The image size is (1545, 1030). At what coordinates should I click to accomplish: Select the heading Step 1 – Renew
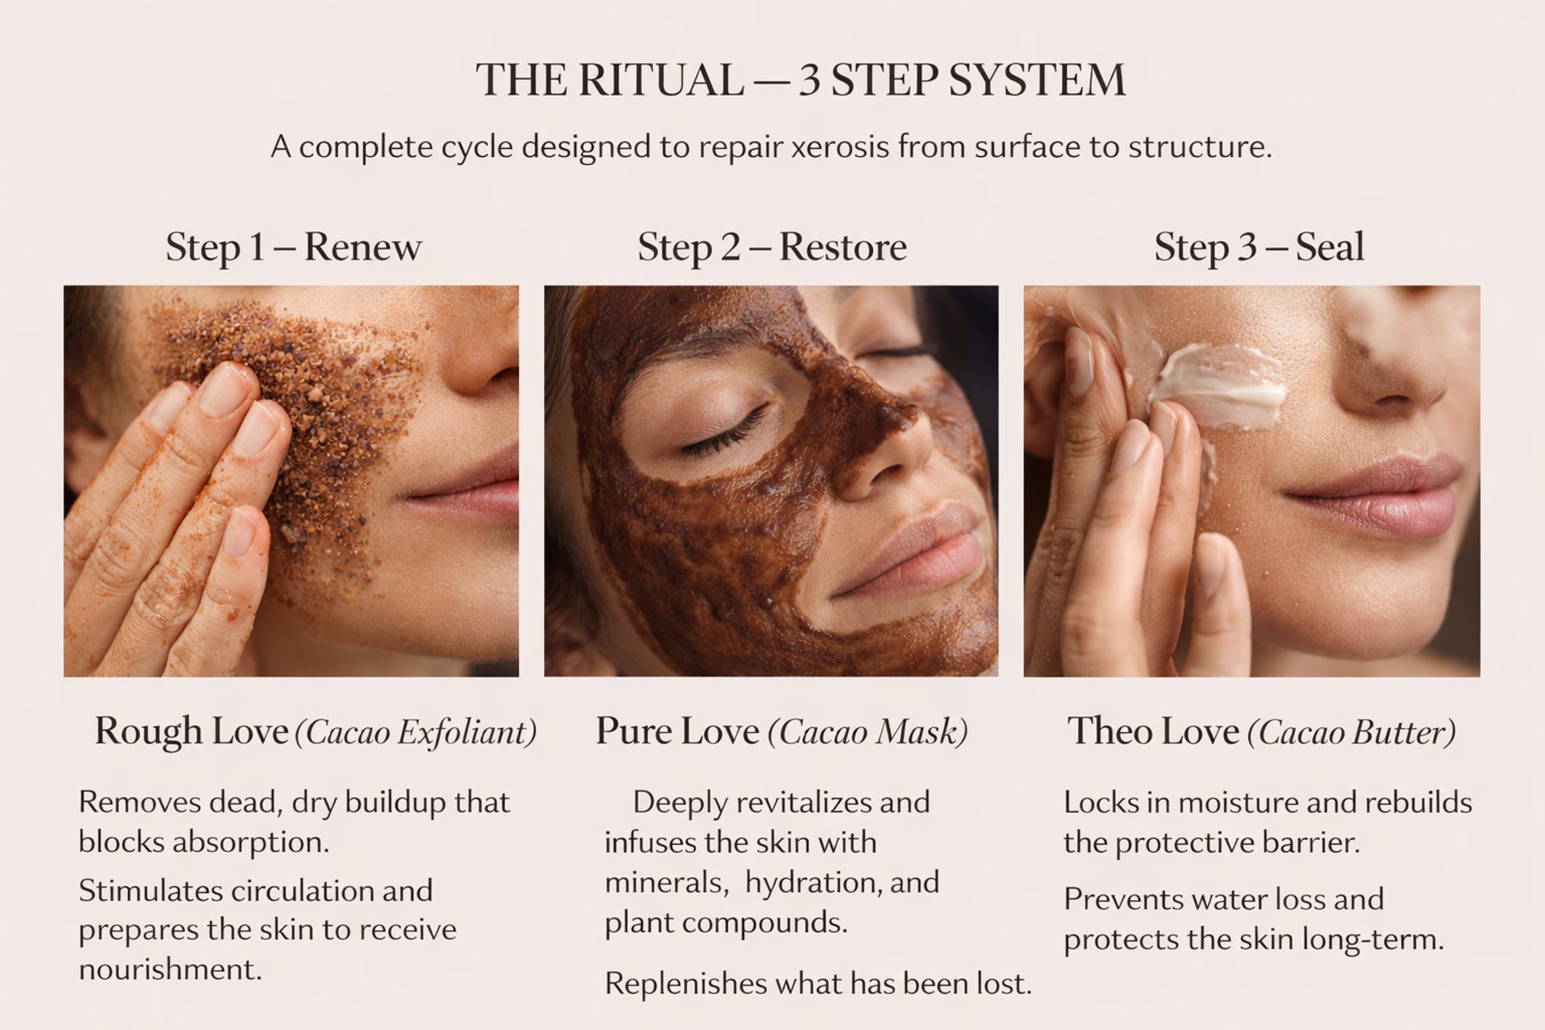point(293,246)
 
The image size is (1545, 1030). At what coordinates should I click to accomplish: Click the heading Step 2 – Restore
point(772,246)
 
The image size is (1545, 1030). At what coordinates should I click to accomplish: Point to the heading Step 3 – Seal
point(1259,246)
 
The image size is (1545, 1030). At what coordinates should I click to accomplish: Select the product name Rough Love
point(192,731)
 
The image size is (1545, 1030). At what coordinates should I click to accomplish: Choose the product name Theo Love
point(1153,731)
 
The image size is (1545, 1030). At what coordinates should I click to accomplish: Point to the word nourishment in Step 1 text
point(170,970)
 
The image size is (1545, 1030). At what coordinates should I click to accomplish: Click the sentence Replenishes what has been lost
point(818,983)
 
